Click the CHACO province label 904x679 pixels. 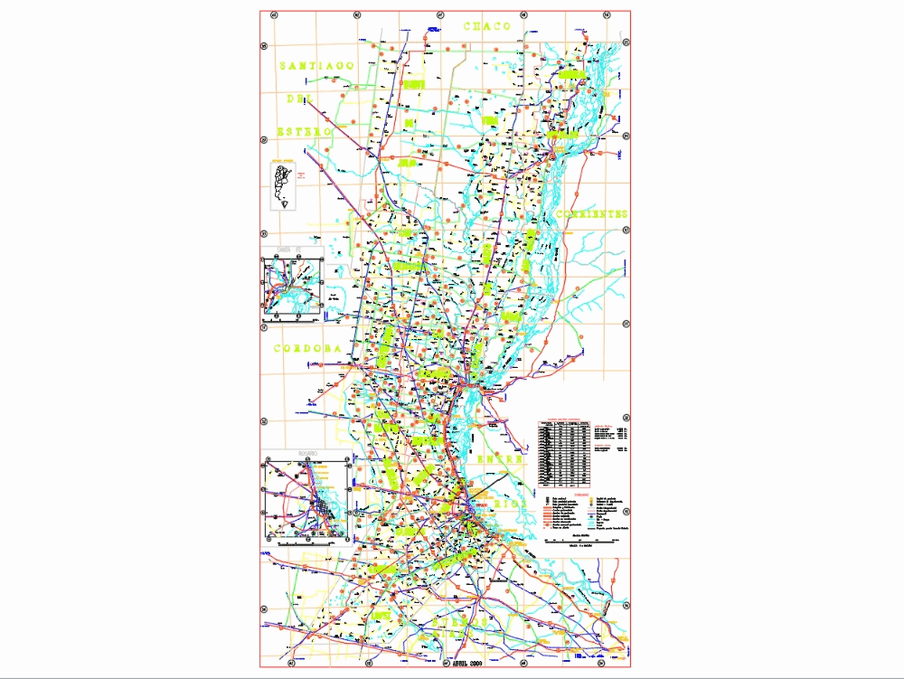[x=487, y=27]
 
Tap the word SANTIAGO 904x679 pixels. [x=320, y=66]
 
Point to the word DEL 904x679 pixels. [x=300, y=99]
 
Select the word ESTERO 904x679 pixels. [x=306, y=132]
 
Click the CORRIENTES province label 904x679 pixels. [x=592, y=214]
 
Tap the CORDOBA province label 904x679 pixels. [x=306, y=348]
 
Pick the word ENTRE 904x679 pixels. [x=501, y=459]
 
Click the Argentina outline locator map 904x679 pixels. [x=282, y=185]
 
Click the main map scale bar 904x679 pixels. [x=583, y=541]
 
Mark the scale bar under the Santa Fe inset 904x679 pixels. [x=292, y=321]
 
